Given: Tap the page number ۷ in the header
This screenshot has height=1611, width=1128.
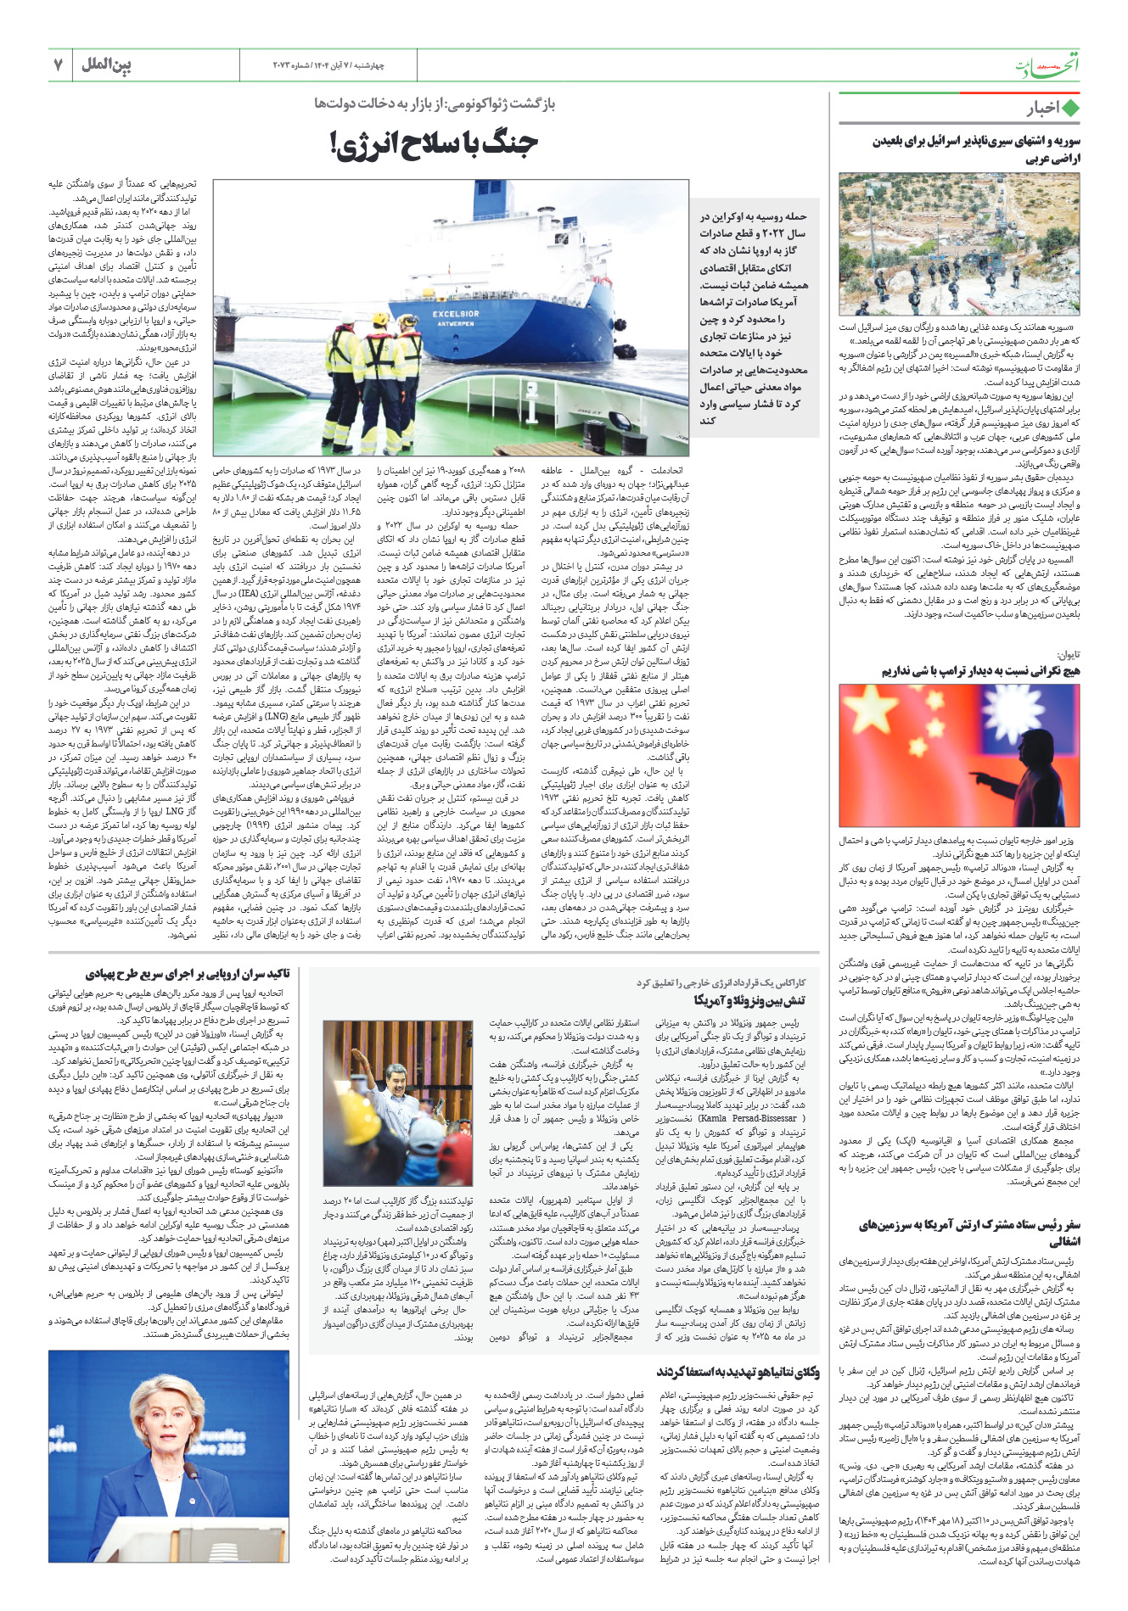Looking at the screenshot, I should tap(59, 65).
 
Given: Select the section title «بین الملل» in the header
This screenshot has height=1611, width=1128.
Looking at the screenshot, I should tap(107, 65).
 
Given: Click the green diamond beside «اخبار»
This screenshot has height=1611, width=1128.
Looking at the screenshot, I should tap(1070, 109).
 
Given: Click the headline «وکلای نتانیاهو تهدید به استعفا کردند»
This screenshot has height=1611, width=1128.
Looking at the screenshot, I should tap(738, 1372).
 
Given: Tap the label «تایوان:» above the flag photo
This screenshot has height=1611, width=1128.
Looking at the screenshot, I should tap(1067, 654).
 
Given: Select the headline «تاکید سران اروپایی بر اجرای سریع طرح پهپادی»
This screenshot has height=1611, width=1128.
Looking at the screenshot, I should tap(188, 974).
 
